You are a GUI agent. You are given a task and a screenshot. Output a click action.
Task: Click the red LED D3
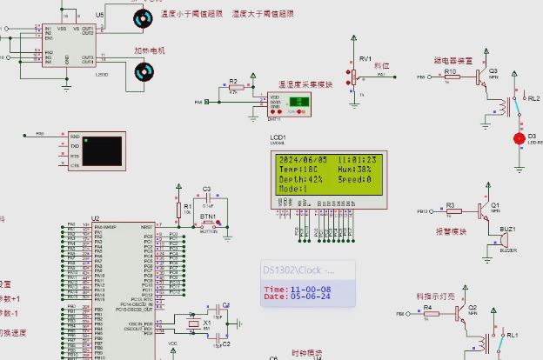pyautogui.click(x=520, y=137)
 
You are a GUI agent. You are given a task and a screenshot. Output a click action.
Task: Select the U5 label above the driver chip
pyautogui.click(x=99, y=15)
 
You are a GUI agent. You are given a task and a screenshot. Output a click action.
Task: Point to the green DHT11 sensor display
pyautogui.click(x=298, y=102)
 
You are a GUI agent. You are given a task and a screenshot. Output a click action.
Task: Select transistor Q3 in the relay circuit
pyautogui.click(x=481, y=77)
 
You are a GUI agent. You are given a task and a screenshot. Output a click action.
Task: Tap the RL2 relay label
pyautogui.click(x=533, y=99)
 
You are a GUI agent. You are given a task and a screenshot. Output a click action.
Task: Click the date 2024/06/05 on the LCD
pyautogui.click(x=302, y=160)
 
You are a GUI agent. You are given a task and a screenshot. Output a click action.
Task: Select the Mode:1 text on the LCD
pyautogui.click(x=293, y=189)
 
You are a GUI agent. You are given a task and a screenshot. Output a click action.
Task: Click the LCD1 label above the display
pyautogui.click(x=278, y=137)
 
